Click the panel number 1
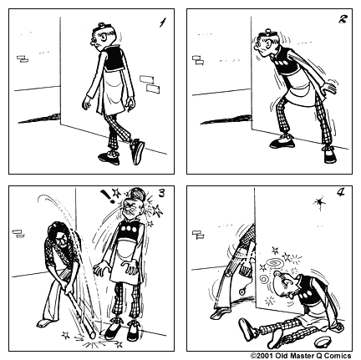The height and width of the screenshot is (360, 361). point(163,23)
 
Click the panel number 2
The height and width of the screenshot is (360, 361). point(343,19)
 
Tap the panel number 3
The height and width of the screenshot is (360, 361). point(162,193)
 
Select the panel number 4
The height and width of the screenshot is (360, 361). point(341,192)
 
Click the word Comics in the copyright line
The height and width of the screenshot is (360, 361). point(337,356)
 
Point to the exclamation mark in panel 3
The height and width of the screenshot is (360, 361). point(109,196)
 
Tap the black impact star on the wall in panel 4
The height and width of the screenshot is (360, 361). point(319,202)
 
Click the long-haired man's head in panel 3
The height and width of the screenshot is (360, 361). point(58,233)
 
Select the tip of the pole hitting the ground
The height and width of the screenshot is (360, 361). point(91,334)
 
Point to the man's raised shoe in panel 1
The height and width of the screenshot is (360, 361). point(137,151)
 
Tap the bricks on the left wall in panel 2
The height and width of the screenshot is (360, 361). point(198,60)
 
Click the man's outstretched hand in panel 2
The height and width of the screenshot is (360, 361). point(329,87)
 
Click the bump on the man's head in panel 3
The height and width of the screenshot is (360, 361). point(136,192)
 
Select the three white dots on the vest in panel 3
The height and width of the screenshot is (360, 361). point(130,229)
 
